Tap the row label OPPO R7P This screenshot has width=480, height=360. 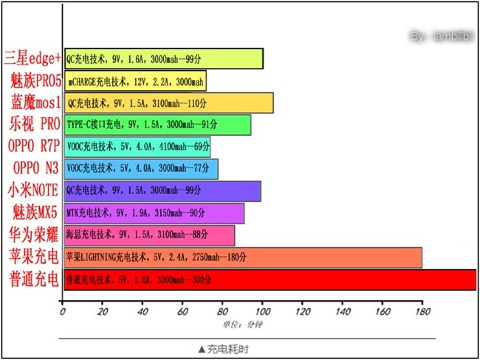point(32,147)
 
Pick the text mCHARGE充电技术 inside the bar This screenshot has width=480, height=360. point(96,81)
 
